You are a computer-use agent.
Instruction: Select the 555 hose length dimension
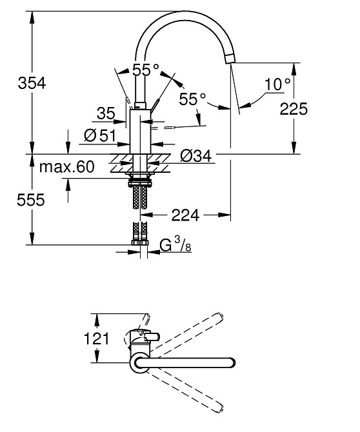coord(16,200)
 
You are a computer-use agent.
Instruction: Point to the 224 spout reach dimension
coord(185,215)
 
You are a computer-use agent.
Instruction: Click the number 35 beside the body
coord(105,113)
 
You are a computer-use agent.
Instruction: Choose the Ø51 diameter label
coord(99,136)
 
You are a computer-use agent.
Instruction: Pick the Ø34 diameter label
coord(194,155)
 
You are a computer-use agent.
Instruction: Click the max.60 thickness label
coord(66,168)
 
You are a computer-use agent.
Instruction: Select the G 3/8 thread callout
coord(174,245)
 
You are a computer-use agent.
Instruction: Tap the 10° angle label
coord(278,84)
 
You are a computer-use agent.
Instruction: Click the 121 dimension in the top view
coord(97,339)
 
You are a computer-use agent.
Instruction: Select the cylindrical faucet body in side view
coord(140,132)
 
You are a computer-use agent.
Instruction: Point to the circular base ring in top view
coord(140,363)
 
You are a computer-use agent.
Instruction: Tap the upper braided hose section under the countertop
coord(140,196)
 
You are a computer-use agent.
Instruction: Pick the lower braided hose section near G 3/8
coord(140,230)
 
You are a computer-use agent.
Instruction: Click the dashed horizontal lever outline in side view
coord(174,128)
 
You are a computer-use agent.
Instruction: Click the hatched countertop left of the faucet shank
coord(116,162)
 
